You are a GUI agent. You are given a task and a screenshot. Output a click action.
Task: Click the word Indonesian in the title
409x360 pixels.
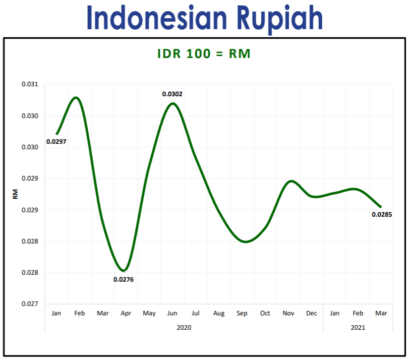click(157, 18)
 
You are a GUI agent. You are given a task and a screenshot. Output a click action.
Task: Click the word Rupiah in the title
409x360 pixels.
click(280, 19)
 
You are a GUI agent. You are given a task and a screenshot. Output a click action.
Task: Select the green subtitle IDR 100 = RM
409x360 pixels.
click(204, 54)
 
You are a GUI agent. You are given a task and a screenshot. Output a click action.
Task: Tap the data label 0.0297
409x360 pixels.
click(57, 142)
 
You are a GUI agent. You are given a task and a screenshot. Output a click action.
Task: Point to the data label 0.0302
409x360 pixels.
click(172, 94)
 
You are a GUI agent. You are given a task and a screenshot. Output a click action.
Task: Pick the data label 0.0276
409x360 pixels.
click(123, 280)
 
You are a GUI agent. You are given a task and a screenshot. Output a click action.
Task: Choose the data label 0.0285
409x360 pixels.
click(382, 215)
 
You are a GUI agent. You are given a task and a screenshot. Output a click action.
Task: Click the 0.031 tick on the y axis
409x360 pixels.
click(30, 84)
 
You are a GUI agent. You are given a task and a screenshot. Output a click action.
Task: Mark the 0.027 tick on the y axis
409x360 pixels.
click(30, 304)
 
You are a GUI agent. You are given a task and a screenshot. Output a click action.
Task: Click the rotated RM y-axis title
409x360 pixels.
click(15, 194)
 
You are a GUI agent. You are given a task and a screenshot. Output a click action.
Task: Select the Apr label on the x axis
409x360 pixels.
click(126, 313)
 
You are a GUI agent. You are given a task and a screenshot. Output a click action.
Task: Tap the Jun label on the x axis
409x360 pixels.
click(172, 313)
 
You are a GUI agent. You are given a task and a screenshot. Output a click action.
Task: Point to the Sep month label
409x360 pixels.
click(242, 313)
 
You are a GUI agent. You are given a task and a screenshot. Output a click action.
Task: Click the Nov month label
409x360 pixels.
click(288, 313)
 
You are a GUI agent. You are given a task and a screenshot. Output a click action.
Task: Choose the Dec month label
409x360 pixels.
click(311, 313)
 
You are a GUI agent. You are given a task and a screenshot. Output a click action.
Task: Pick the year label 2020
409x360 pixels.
click(184, 328)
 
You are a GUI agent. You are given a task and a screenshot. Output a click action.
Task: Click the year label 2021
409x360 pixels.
click(358, 328)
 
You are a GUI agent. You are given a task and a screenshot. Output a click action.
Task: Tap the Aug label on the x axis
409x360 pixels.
click(219, 313)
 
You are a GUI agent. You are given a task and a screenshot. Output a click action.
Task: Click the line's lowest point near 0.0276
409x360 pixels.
click(123, 270)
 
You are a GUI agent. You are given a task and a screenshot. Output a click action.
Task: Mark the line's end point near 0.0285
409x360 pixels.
click(381, 207)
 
